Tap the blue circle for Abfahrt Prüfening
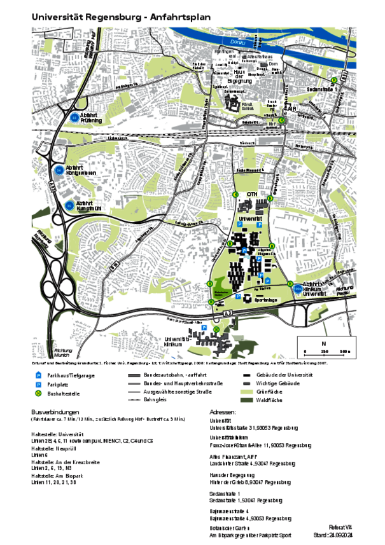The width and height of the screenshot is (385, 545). (74, 117)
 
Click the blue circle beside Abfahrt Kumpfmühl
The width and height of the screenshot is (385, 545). (69, 205)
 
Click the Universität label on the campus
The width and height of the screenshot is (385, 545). (250, 218)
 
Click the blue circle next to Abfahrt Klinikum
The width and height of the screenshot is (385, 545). (297, 289)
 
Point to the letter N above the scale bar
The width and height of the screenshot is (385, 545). (323, 343)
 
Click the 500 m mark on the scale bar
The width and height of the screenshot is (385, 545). (344, 352)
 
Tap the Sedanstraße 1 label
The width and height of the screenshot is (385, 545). (321, 90)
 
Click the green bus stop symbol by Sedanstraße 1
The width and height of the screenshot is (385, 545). (333, 79)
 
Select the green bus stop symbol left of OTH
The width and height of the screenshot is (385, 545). (235, 195)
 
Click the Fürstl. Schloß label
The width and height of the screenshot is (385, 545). (248, 105)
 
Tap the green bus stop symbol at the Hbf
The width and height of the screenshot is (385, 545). (281, 120)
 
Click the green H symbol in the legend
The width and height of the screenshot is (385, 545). (38, 394)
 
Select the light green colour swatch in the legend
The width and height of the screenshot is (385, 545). (246, 392)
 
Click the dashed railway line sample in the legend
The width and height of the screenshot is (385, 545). (134, 400)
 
